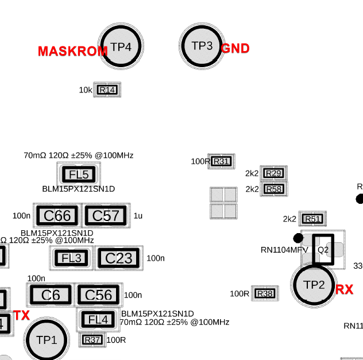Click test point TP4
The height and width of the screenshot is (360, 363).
click(121, 47)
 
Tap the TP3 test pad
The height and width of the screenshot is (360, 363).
click(202, 46)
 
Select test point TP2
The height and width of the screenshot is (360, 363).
click(314, 285)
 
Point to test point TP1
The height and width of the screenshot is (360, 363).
click(47, 340)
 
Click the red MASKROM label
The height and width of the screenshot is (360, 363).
click(72, 51)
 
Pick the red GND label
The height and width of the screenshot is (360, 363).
click(235, 49)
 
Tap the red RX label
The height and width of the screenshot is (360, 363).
click(345, 290)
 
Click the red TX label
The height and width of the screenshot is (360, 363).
click(21, 315)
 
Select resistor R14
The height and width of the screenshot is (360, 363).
click(107, 90)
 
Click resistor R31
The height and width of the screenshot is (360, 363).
click(221, 161)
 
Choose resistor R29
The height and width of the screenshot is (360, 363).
click(274, 173)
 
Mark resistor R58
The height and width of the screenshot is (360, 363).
click(274, 189)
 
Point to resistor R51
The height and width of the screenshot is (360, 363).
click(312, 219)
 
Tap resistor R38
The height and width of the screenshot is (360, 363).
click(265, 293)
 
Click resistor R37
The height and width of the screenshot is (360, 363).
click(92, 340)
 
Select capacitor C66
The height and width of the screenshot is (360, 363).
click(57, 216)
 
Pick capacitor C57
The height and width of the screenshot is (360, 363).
click(106, 216)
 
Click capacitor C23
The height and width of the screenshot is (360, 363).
click(119, 258)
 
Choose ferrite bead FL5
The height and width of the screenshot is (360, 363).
click(79, 175)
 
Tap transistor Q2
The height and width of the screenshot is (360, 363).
click(323, 250)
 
